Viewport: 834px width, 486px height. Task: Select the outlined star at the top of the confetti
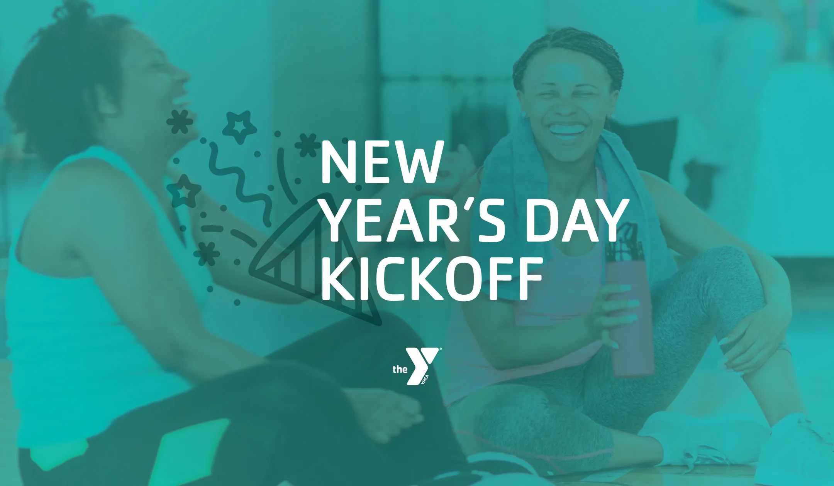[239, 125]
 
